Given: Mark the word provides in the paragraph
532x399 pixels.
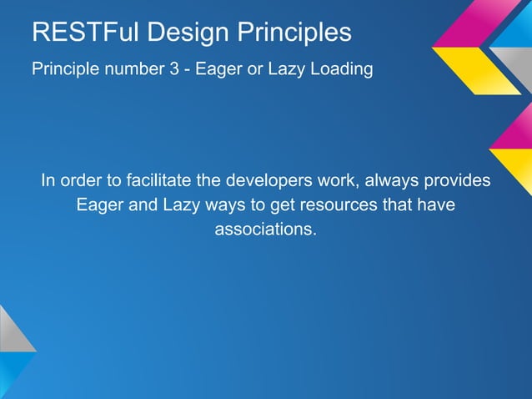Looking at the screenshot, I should click(458, 180).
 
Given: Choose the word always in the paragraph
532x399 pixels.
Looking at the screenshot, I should click(393, 180).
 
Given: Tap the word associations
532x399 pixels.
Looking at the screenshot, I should click(266, 229).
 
